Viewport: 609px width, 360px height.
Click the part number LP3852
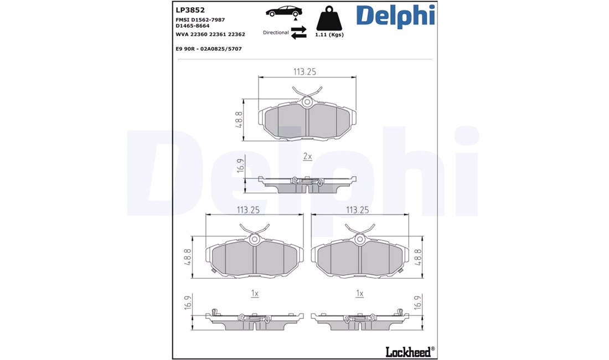[190, 10]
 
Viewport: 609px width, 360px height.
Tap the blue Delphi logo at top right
[395, 16]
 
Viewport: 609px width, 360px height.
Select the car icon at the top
[283, 11]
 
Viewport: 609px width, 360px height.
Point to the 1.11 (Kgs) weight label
[329, 34]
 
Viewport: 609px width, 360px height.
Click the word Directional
[276, 33]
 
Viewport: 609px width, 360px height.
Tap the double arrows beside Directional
[298, 33]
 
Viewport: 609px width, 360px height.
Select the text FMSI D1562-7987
[200, 20]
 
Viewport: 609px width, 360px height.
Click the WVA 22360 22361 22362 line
[210, 34]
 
